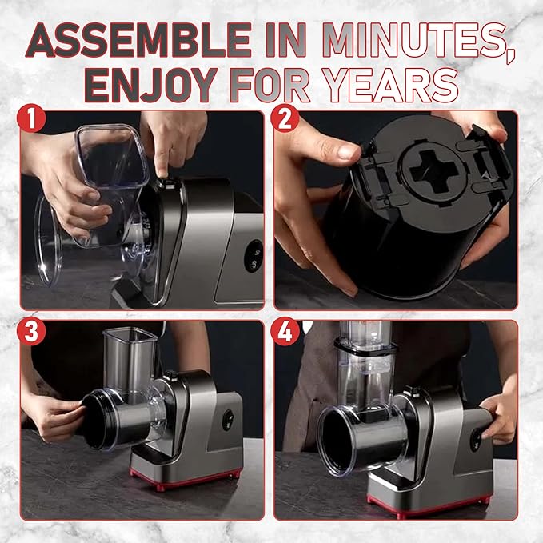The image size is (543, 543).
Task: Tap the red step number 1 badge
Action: coord(31,118)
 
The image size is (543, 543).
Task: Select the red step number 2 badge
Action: coord(285,118)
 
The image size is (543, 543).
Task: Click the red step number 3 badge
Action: coord(31,331)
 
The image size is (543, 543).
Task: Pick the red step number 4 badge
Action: coord(285,331)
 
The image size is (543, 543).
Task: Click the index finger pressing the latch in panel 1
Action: coord(163,156)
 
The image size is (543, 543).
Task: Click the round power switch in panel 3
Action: coord(228,420)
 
